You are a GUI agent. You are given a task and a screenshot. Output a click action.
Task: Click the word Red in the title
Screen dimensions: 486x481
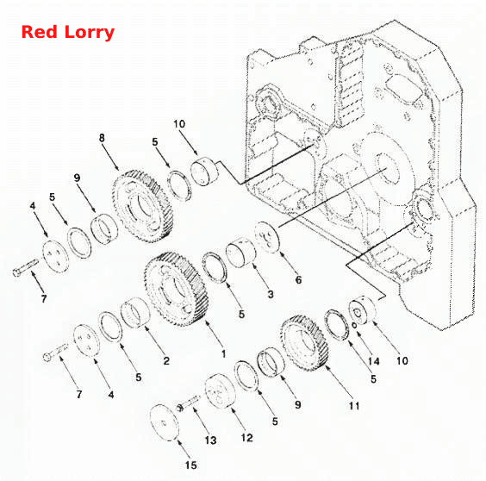point(40,32)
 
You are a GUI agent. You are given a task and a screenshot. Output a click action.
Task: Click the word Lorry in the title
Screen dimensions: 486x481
point(89,33)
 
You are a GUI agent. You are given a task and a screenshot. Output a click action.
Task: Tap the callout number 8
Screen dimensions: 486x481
point(102,138)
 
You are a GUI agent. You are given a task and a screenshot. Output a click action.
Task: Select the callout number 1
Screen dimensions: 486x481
point(223,353)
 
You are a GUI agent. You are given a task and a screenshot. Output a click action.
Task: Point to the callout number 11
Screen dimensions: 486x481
point(354,406)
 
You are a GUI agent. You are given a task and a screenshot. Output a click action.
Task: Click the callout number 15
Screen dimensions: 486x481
point(191,465)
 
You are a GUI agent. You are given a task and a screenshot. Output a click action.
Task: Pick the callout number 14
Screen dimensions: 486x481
point(373,361)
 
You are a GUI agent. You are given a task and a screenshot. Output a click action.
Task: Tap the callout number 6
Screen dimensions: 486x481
point(298,280)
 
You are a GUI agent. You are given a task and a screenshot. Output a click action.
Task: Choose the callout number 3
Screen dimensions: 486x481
point(271,294)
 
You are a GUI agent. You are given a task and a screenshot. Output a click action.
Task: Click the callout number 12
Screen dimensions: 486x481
point(246,438)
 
